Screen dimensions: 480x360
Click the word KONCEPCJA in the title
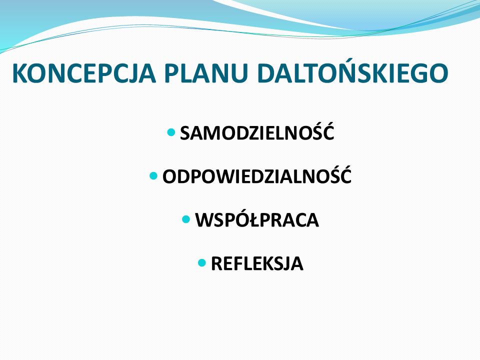click(84, 73)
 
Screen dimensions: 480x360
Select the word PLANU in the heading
click(206, 73)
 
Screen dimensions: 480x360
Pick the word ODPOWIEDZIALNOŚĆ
click(257, 175)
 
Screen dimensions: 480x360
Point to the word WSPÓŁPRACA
click(257, 219)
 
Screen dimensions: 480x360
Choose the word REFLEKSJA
click(257, 263)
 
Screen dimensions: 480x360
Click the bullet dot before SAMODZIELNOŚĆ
click(171, 132)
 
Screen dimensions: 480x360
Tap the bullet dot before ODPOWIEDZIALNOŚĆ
click(153, 175)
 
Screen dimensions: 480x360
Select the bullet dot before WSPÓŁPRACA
click(186, 219)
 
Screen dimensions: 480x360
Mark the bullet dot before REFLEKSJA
click(201, 262)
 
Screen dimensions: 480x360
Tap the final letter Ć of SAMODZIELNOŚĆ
click(327, 131)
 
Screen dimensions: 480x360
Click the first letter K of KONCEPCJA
click(20, 73)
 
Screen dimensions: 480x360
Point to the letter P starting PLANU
click(171, 73)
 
